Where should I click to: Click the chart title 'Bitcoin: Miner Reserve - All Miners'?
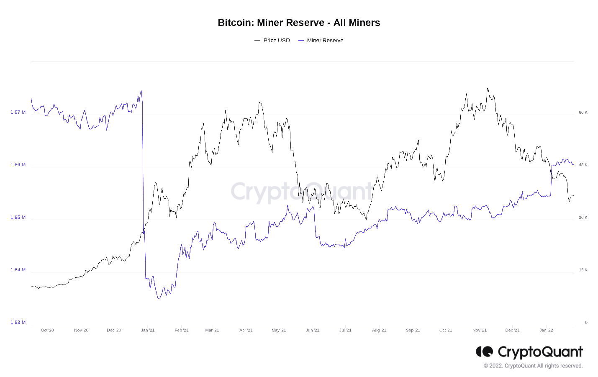coord(299,23)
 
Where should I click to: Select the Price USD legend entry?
coord(272,41)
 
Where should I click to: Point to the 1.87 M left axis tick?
coord(18,112)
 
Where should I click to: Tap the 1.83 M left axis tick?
coord(18,322)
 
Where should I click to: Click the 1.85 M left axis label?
coord(18,217)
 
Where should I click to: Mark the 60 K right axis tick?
coord(583,112)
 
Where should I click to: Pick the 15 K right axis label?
coord(583,270)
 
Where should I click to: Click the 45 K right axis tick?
coord(583,165)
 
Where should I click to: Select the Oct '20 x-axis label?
coord(47,330)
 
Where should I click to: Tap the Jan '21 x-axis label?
coord(148,330)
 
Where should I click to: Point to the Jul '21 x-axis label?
coord(345,330)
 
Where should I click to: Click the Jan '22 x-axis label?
coord(546,330)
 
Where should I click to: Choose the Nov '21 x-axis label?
coord(480,330)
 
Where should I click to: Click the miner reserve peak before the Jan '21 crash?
coord(141,91)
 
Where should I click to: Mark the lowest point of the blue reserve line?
coord(158,298)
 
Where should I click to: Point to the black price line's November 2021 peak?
coord(487,88)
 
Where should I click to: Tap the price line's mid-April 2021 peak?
coord(259,102)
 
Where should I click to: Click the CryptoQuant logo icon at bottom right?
coord(484,352)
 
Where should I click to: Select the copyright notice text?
coord(533,366)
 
